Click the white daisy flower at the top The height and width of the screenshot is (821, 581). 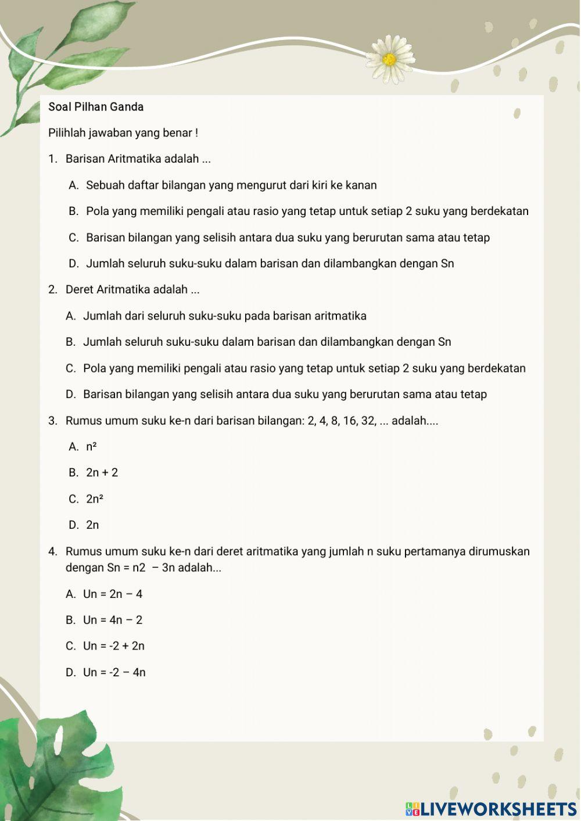pyautogui.click(x=390, y=59)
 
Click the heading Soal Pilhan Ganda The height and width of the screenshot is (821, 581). pyautogui.click(x=96, y=107)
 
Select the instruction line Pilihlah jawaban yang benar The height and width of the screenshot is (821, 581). pyautogui.click(x=123, y=133)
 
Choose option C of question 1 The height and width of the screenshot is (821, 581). pyautogui.click(x=288, y=238)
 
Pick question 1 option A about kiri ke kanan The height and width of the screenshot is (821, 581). pyautogui.click(x=231, y=185)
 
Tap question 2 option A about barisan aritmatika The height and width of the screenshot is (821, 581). pyautogui.click(x=224, y=316)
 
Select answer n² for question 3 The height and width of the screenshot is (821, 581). pyautogui.click(x=91, y=447)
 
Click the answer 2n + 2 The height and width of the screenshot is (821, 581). pyautogui.click(x=102, y=473)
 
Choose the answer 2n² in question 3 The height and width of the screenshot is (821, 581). pyautogui.click(x=95, y=499)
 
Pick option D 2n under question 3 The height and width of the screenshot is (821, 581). pyautogui.click(x=92, y=525)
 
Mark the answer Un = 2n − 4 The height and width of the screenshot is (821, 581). pyautogui.click(x=113, y=594)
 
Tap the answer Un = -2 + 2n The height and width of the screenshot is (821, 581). pyautogui.click(x=114, y=646)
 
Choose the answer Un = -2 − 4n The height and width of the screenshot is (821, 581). pyautogui.click(x=114, y=672)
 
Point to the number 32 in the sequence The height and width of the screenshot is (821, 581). pyautogui.click(x=368, y=421)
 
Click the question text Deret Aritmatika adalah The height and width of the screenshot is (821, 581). pyautogui.click(x=132, y=289)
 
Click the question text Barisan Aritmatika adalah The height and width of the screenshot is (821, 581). pyautogui.click(x=138, y=159)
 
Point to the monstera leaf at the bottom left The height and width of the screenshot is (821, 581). pyautogui.click(x=52, y=767)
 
